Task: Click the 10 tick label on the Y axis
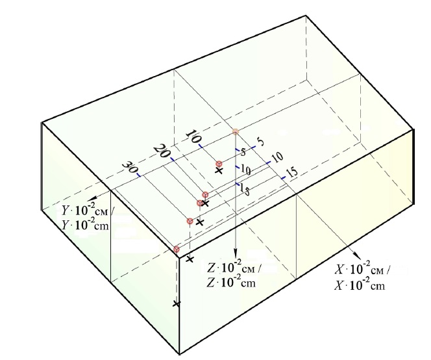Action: click(x=193, y=136)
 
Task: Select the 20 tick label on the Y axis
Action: click(x=162, y=151)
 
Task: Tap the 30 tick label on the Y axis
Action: click(x=129, y=168)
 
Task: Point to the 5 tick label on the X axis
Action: click(x=260, y=142)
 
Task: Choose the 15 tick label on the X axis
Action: click(x=292, y=172)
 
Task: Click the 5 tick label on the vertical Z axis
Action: click(x=243, y=151)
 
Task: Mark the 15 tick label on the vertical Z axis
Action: click(x=245, y=189)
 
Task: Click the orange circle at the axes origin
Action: click(x=235, y=132)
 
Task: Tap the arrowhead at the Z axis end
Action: click(x=235, y=254)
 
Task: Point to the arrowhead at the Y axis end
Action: click(x=92, y=198)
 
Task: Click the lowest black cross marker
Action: click(x=177, y=304)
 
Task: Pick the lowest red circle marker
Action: click(x=177, y=250)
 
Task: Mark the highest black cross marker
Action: click(x=219, y=171)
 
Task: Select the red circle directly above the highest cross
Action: click(x=219, y=164)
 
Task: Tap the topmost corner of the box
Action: click(x=306, y=16)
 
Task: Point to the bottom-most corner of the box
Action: click(x=180, y=354)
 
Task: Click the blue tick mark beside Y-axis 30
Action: click(x=139, y=175)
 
